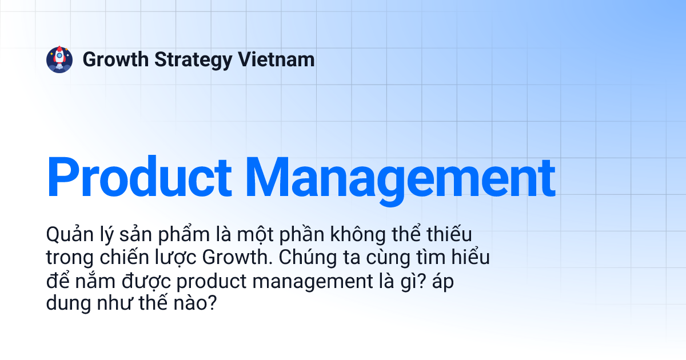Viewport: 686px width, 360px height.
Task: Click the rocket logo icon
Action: point(59,59)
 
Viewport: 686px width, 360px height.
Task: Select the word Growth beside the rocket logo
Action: point(116,59)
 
